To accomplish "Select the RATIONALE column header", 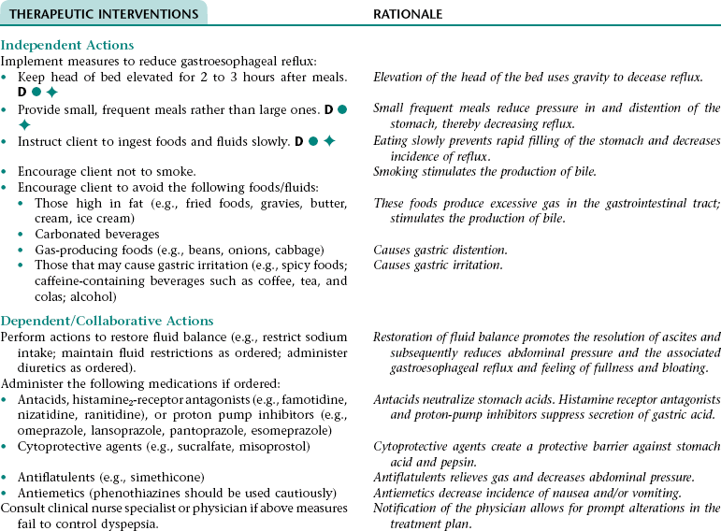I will pyautogui.click(x=408, y=15).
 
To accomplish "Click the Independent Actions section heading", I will pyautogui.click(x=67, y=45).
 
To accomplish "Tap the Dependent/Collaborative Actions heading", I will pyautogui.click(x=108, y=321).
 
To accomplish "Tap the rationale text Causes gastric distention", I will pyautogui.click(x=440, y=250).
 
